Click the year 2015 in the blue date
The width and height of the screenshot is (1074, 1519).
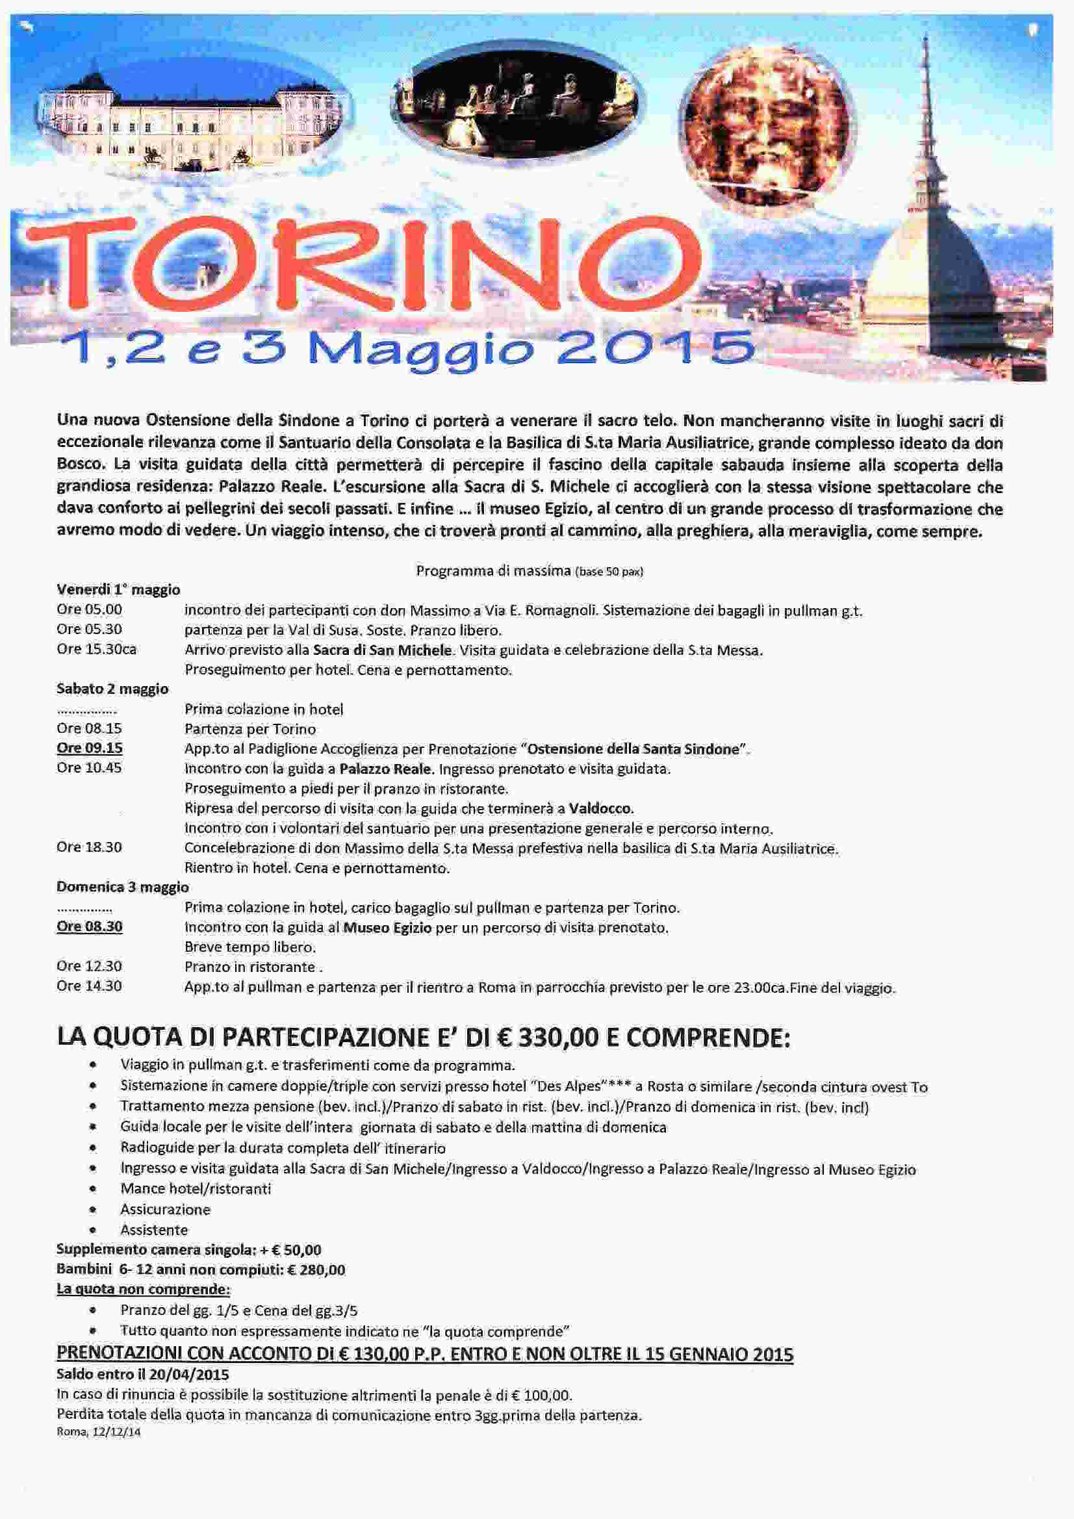pyautogui.click(x=655, y=349)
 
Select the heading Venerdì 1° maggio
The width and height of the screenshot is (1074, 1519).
pyautogui.click(x=118, y=589)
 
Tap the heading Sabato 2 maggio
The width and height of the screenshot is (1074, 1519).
pyautogui.click(x=112, y=689)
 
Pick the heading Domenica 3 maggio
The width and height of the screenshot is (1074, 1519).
pyautogui.click(x=122, y=887)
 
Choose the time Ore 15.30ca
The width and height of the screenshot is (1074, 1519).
pyautogui.click(x=97, y=649)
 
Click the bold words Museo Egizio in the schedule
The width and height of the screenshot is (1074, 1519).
pyautogui.click(x=387, y=928)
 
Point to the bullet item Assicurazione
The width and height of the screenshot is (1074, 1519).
pyautogui.click(x=165, y=1209)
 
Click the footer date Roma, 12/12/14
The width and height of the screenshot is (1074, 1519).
pyautogui.click(x=99, y=1433)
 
